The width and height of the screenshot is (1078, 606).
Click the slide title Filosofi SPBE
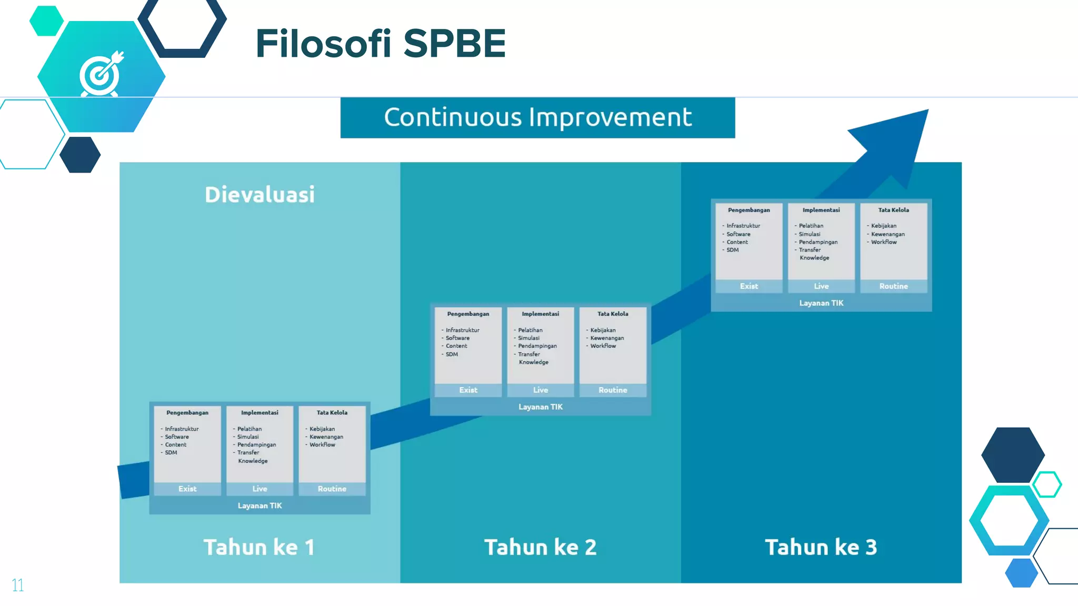click(x=380, y=43)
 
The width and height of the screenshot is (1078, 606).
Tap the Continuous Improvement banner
click(x=537, y=117)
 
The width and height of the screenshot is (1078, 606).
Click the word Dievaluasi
click(x=259, y=195)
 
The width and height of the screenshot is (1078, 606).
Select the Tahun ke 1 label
click(x=259, y=547)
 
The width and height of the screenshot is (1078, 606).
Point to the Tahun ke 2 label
click(x=541, y=547)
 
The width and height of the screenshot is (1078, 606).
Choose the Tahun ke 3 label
click(x=821, y=547)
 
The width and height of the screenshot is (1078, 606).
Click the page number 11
click(x=17, y=585)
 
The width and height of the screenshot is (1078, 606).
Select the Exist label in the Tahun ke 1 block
click(x=187, y=489)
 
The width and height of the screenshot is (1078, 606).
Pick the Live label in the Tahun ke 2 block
click(x=541, y=390)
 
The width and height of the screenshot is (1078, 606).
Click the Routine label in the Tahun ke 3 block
click(x=893, y=286)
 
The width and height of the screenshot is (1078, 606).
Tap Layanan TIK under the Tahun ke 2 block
click(x=541, y=407)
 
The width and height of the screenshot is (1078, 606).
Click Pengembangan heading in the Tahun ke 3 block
click(x=748, y=210)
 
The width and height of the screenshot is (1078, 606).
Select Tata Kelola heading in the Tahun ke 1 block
click(x=332, y=412)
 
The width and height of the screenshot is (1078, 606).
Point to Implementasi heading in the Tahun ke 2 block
click(x=541, y=314)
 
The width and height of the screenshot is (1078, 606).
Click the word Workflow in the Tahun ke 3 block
click(x=884, y=242)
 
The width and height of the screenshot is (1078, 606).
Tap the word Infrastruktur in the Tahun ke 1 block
click(x=182, y=429)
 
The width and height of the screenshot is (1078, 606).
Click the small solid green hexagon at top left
click(x=46, y=21)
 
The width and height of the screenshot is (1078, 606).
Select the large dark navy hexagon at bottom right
click(x=1013, y=454)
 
